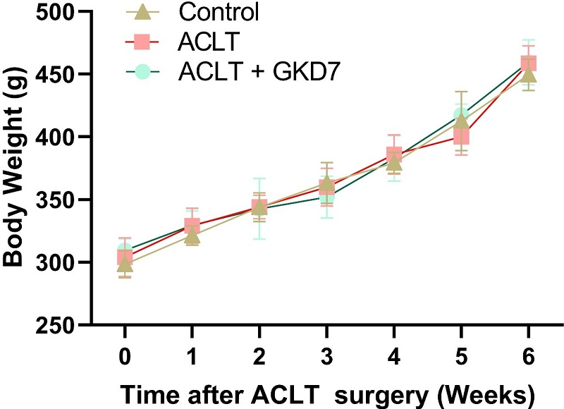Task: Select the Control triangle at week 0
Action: click(125, 264)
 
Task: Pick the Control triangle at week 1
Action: click(192, 234)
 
